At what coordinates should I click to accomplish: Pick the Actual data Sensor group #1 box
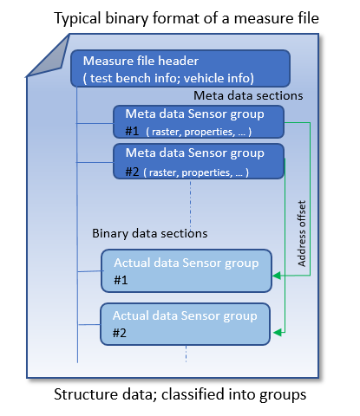click(187, 270)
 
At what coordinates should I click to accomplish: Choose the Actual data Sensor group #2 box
click(187, 324)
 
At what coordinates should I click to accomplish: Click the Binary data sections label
click(149, 234)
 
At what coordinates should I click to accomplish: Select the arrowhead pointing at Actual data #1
click(277, 276)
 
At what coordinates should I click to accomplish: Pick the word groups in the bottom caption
click(283, 396)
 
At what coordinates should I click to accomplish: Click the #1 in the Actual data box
click(121, 280)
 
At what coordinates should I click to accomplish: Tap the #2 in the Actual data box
click(121, 334)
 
